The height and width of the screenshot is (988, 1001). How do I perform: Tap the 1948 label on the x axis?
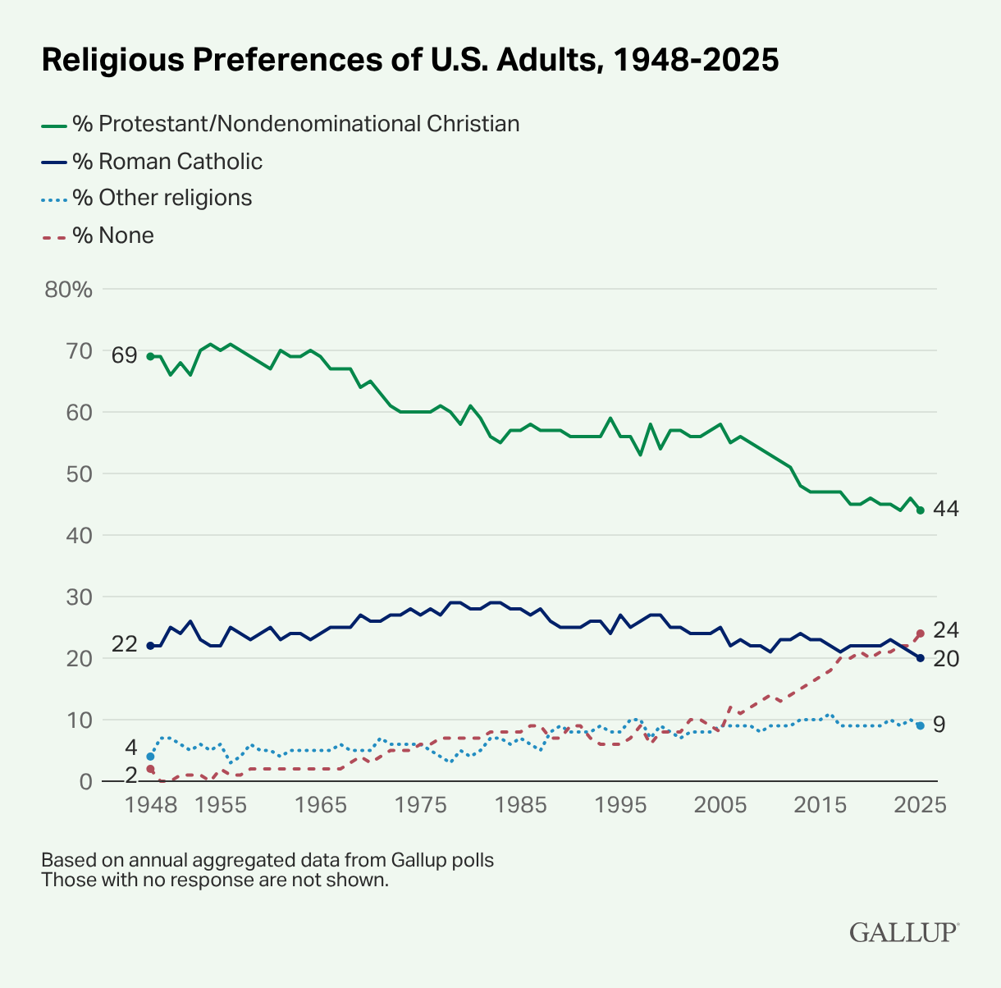point(150,804)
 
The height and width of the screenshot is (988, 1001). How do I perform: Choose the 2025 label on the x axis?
point(920,804)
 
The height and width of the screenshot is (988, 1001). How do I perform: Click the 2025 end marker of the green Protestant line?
point(921,510)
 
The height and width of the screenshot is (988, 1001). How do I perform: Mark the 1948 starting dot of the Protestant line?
point(150,356)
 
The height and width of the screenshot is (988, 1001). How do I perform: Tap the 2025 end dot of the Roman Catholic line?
point(921,658)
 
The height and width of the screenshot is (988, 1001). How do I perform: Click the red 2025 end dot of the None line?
point(921,634)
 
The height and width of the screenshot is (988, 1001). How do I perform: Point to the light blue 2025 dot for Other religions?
point(921,725)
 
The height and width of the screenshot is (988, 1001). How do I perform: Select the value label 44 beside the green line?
point(946,509)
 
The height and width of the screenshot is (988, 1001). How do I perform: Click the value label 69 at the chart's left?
point(124,355)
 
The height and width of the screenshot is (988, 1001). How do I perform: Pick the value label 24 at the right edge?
point(946,630)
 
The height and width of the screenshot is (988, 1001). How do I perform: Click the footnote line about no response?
point(214,881)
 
